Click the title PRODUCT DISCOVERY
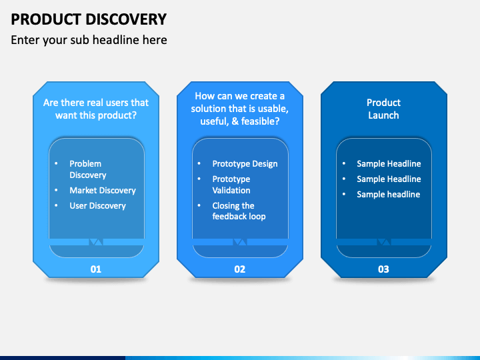coord(89,19)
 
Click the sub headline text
coord(89,40)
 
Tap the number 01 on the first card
coord(96,269)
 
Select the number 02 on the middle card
coord(240,269)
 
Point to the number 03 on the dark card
coord(383,269)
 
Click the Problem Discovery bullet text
coord(88,169)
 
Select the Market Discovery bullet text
coord(103,191)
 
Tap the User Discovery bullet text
coord(97,206)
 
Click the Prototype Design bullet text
coord(245,164)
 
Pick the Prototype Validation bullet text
coord(231,185)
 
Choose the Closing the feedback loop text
coord(239,211)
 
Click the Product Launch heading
coord(383,109)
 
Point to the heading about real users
coord(96,109)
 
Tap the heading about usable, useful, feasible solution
coord(240,109)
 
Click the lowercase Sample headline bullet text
coord(389,195)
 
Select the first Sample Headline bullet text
coord(389,164)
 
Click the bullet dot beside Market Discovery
coord(56,190)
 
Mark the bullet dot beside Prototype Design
coord(199,163)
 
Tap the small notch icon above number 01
coord(96,242)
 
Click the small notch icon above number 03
coord(383,242)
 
